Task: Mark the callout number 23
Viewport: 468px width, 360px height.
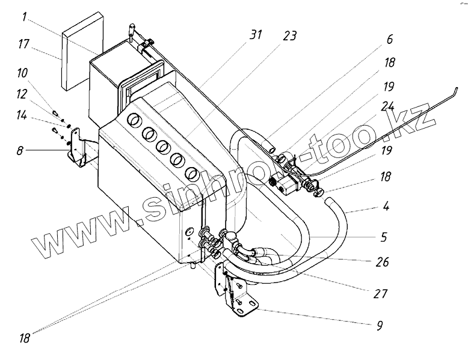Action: click(290, 35)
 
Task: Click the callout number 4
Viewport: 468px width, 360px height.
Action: click(385, 208)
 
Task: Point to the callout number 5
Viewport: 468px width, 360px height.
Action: click(383, 237)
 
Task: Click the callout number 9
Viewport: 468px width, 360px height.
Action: click(379, 326)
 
